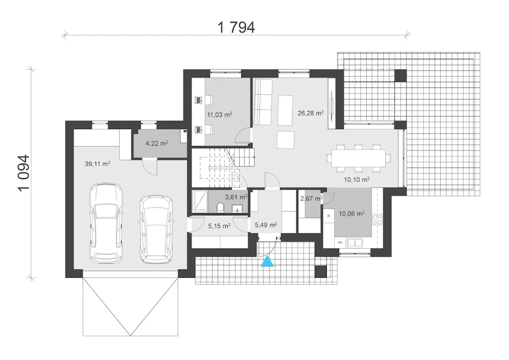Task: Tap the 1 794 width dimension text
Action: [236, 27]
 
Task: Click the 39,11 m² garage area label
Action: [98, 163]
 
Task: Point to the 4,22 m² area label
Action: [157, 143]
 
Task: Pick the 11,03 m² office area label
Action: [220, 115]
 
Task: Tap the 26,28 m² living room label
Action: [311, 113]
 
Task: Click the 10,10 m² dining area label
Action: [357, 179]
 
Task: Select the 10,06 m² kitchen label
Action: [352, 214]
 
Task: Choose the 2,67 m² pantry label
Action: [311, 198]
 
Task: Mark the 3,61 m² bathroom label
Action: [236, 197]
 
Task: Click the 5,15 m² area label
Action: [220, 226]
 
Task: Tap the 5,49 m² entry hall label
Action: [266, 225]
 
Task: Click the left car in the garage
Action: [106, 223]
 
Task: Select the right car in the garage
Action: [156, 229]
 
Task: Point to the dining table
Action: [359, 158]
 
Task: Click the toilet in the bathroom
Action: [220, 208]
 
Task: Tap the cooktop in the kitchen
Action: [377, 219]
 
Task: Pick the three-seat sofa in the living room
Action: [263, 102]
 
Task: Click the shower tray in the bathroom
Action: [200, 201]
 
